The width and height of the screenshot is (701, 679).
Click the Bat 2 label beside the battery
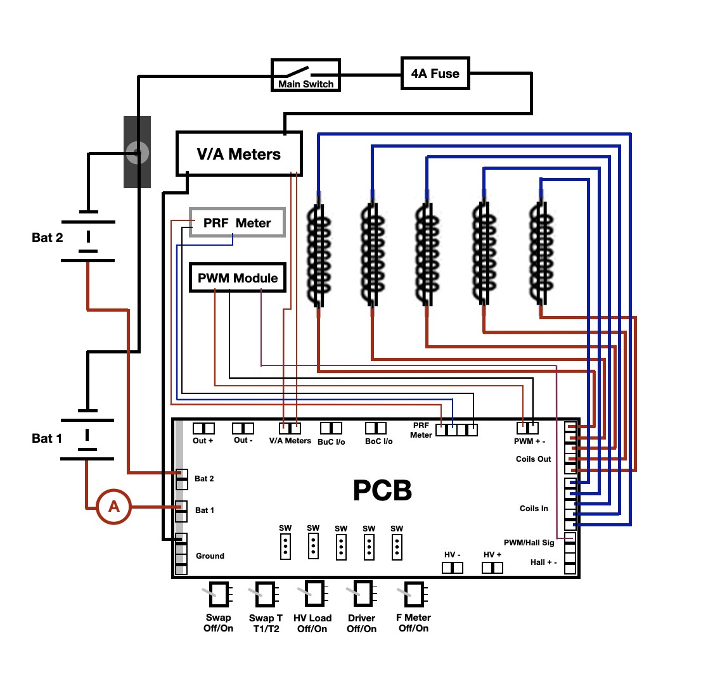click(48, 238)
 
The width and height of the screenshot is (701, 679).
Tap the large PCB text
click(382, 490)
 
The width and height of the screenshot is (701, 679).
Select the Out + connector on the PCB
click(203, 428)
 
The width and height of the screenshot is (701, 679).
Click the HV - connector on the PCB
click(453, 568)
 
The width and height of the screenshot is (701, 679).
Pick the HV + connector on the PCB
click(492, 568)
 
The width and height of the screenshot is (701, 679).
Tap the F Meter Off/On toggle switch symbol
click(413, 594)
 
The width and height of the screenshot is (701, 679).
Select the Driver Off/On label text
click(362, 624)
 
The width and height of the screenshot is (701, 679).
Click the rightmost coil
click(541, 252)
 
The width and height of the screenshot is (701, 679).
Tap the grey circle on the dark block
click(138, 153)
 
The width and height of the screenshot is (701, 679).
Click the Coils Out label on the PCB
click(533, 459)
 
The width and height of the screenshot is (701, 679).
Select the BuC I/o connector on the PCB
click(331, 428)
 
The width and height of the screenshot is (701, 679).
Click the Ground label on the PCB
click(210, 556)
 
